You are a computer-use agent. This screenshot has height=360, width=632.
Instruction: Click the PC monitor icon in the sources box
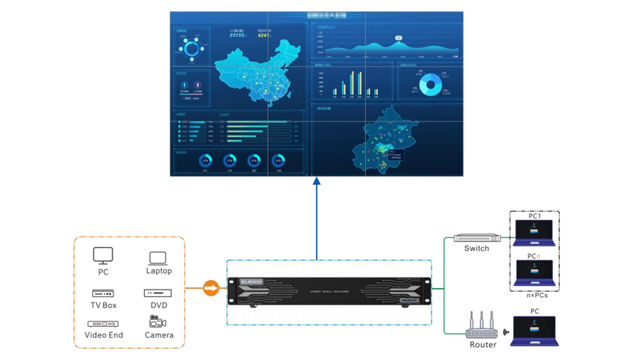103,255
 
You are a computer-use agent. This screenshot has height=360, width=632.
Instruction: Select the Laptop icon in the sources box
158,258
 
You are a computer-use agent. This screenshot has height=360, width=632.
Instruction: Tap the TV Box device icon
103,293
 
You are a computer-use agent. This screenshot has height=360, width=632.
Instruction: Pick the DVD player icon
158,293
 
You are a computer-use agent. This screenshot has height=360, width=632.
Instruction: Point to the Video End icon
103,323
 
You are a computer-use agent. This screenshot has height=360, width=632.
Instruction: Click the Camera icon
158,321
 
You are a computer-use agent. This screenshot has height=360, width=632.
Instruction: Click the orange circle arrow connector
211,289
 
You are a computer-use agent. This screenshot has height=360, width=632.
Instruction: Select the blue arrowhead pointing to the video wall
317,182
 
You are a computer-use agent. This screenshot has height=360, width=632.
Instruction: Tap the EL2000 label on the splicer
252,282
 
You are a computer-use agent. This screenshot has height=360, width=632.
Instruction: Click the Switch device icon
477,239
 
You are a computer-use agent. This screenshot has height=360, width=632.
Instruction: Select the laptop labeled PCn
535,272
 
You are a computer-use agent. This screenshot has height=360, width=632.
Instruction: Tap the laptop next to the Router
535,331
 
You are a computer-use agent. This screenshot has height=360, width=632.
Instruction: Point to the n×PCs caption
535,296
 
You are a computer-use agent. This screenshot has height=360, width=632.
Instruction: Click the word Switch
477,249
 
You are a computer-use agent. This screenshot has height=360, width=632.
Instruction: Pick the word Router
483,345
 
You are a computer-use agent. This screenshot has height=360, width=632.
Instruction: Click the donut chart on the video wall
430,84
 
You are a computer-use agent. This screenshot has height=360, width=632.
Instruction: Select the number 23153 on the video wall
238,35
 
